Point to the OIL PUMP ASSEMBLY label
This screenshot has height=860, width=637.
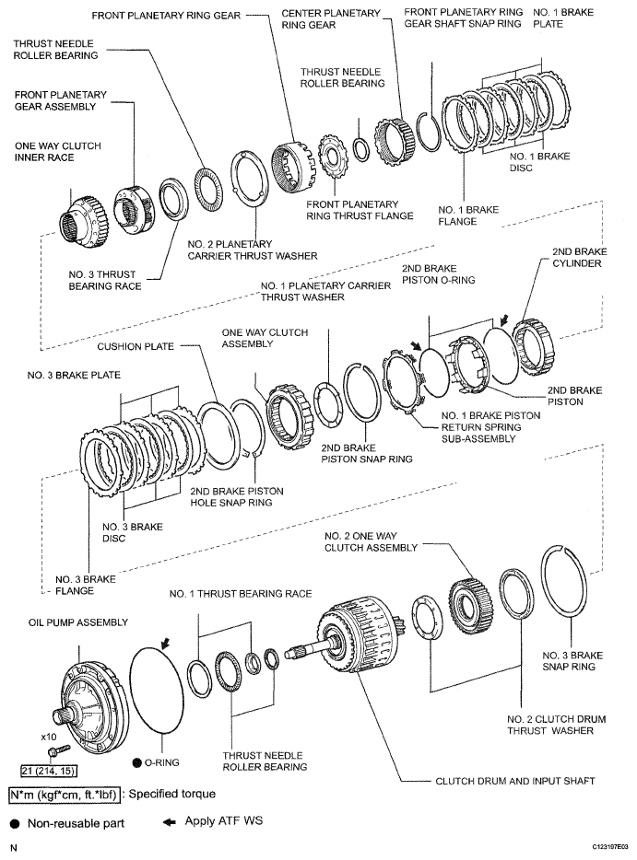pyautogui.click(x=65, y=623)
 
